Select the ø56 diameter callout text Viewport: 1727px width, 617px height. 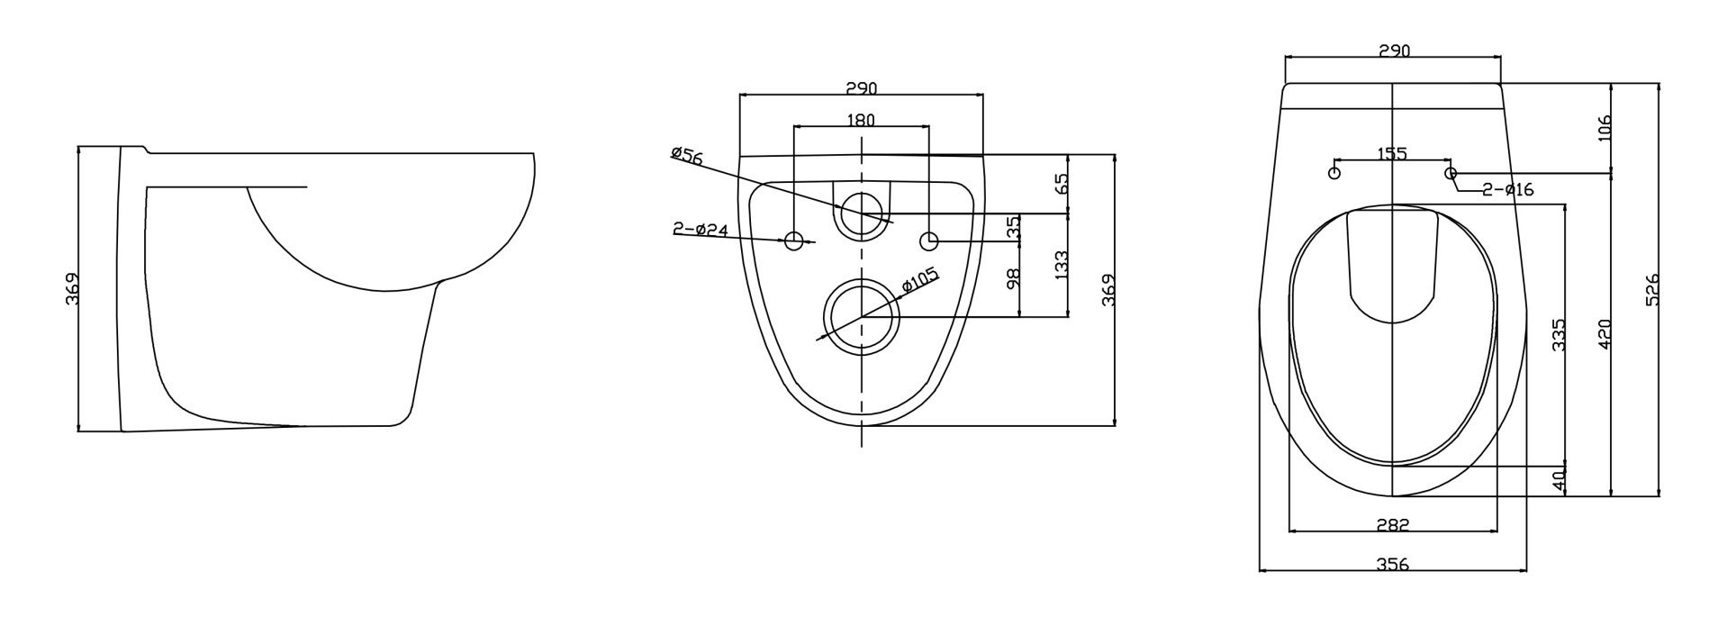(x=687, y=156)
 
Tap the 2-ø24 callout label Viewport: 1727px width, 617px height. (x=701, y=230)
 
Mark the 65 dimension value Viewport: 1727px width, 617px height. (x=1062, y=184)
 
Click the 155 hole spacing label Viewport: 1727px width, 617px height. (x=1392, y=154)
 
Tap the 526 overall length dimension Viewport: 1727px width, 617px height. (x=1652, y=290)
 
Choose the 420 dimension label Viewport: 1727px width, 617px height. (x=1603, y=333)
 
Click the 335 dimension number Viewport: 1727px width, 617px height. (x=1558, y=334)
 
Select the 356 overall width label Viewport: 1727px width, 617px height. (x=1392, y=565)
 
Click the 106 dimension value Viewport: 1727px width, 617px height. (x=1602, y=126)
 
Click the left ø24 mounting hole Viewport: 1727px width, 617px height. (x=795, y=240)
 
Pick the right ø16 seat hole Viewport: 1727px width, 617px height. (x=1450, y=172)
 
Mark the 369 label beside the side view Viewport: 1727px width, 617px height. (x=73, y=289)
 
